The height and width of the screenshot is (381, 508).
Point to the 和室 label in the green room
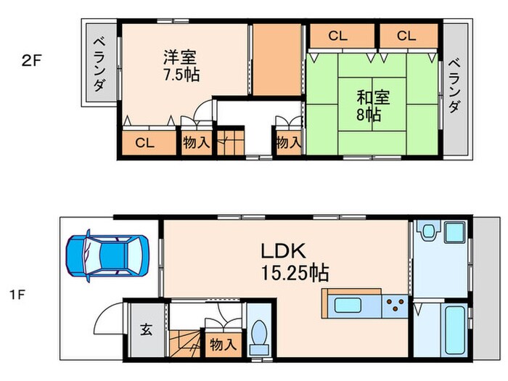(x=370, y=97)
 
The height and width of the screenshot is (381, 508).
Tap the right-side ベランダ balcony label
(x=454, y=86)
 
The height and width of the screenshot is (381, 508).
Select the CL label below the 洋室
(x=144, y=142)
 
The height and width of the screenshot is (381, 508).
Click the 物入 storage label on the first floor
(x=224, y=345)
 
